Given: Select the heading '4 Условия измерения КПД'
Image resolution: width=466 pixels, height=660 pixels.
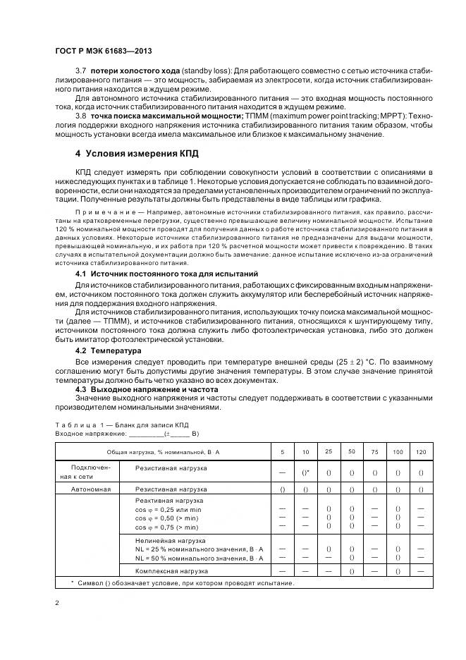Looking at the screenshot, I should coord(137,152).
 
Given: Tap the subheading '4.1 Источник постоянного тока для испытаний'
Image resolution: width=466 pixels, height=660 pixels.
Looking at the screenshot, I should coord(166,273).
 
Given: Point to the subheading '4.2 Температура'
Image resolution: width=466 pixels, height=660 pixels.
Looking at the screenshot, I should coord(109,350).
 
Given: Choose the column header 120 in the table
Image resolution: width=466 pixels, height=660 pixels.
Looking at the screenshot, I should coord(421,451).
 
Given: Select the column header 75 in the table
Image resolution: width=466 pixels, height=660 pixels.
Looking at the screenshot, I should coord(374,451).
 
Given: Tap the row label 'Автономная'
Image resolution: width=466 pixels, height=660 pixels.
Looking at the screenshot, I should coord(89,489).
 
